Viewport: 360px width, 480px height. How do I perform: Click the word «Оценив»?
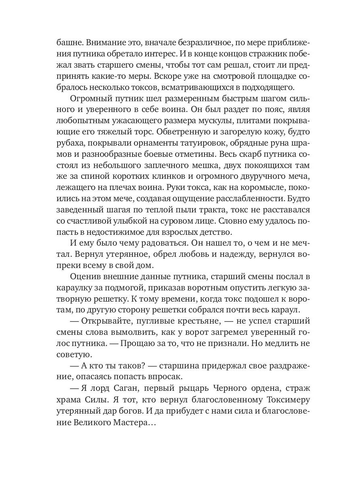(84, 276)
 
